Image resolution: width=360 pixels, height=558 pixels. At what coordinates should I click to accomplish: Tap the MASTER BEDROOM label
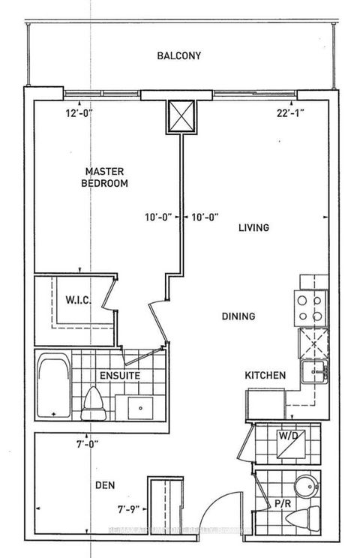pos(105,177)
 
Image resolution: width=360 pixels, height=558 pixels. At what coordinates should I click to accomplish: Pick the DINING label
pos(238,316)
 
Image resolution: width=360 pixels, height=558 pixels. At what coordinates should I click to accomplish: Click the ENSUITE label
pos(121,375)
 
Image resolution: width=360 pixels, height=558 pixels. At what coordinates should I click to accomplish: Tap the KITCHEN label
pos(264,375)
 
